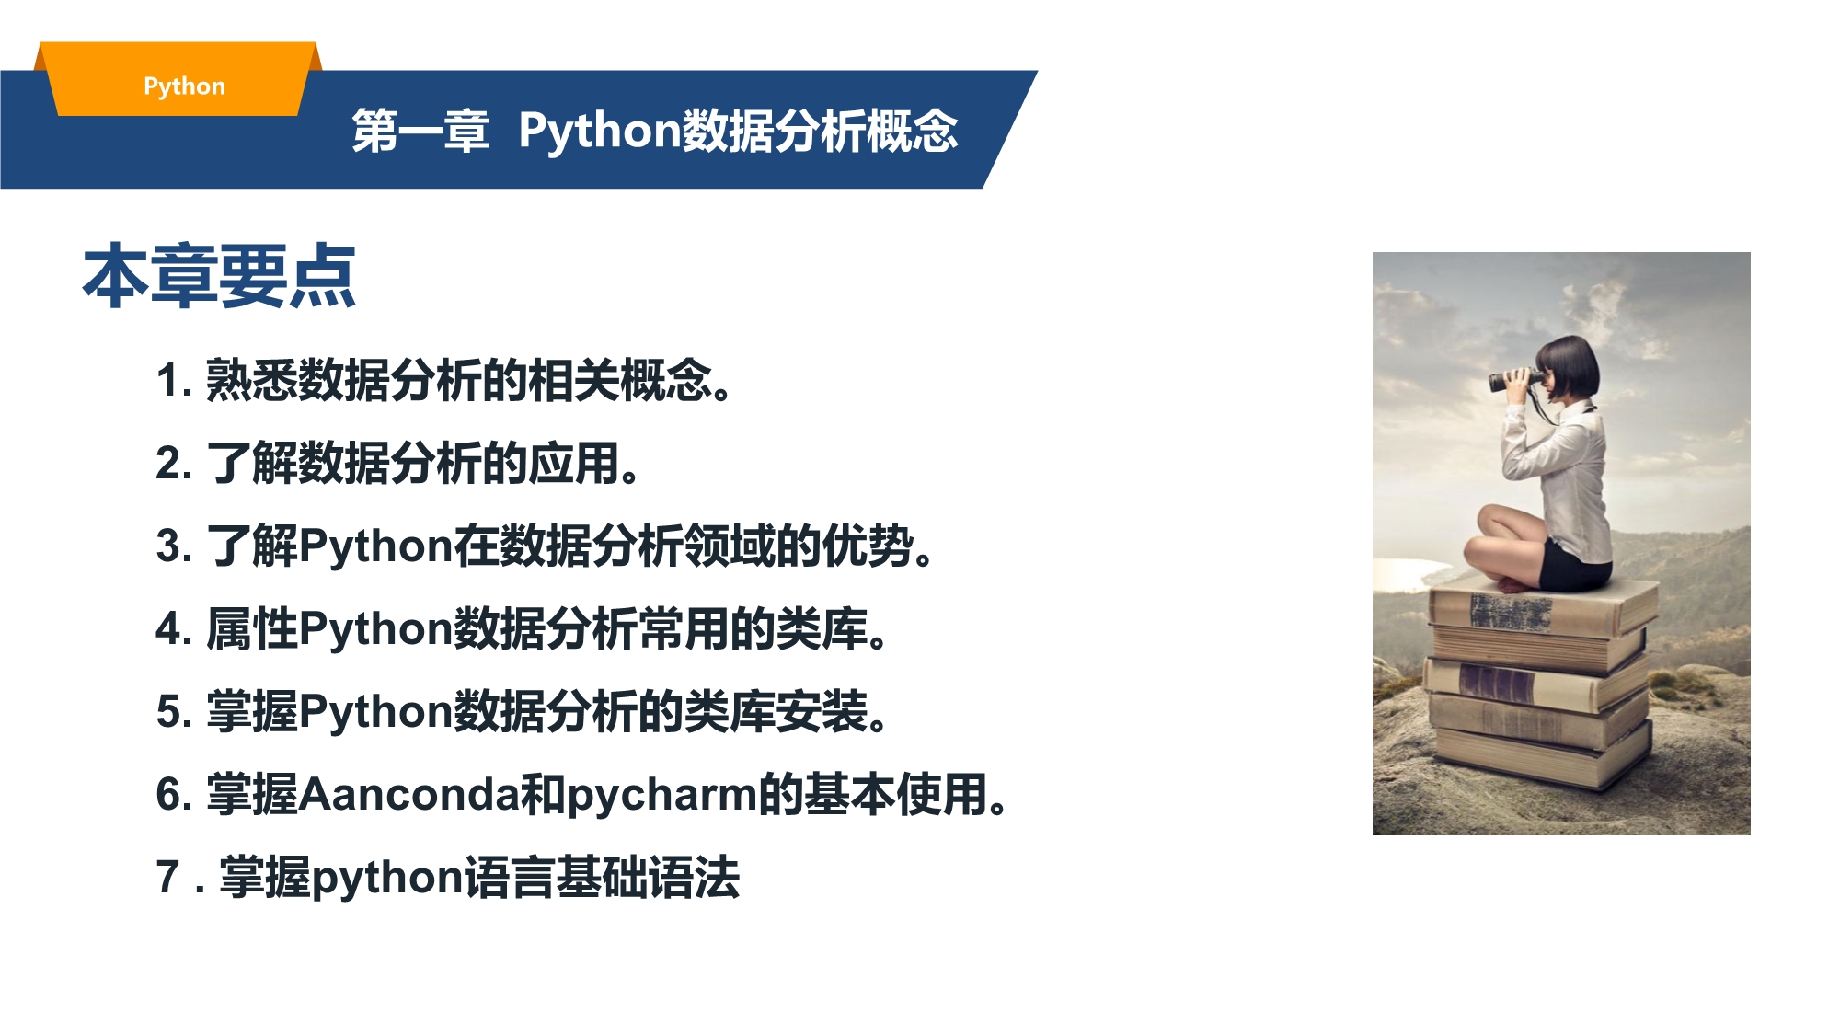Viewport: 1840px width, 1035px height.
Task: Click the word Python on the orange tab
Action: (x=184, y=86)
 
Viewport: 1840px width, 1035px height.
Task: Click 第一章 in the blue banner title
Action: (x=420, y=131)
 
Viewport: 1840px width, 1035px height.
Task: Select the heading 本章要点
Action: (x=219, y=275)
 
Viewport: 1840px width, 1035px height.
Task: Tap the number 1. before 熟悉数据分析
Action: (x=174, y=380)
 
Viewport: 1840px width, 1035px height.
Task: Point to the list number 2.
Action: (x=174, y=463)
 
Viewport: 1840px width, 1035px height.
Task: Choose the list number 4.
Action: (x=174, y=628)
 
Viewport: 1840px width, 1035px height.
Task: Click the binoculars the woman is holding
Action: (x=1513, y=379)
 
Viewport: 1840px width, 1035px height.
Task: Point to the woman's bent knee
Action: (x=1490, y=521)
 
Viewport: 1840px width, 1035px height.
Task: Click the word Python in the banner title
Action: (x=599, y=131)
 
